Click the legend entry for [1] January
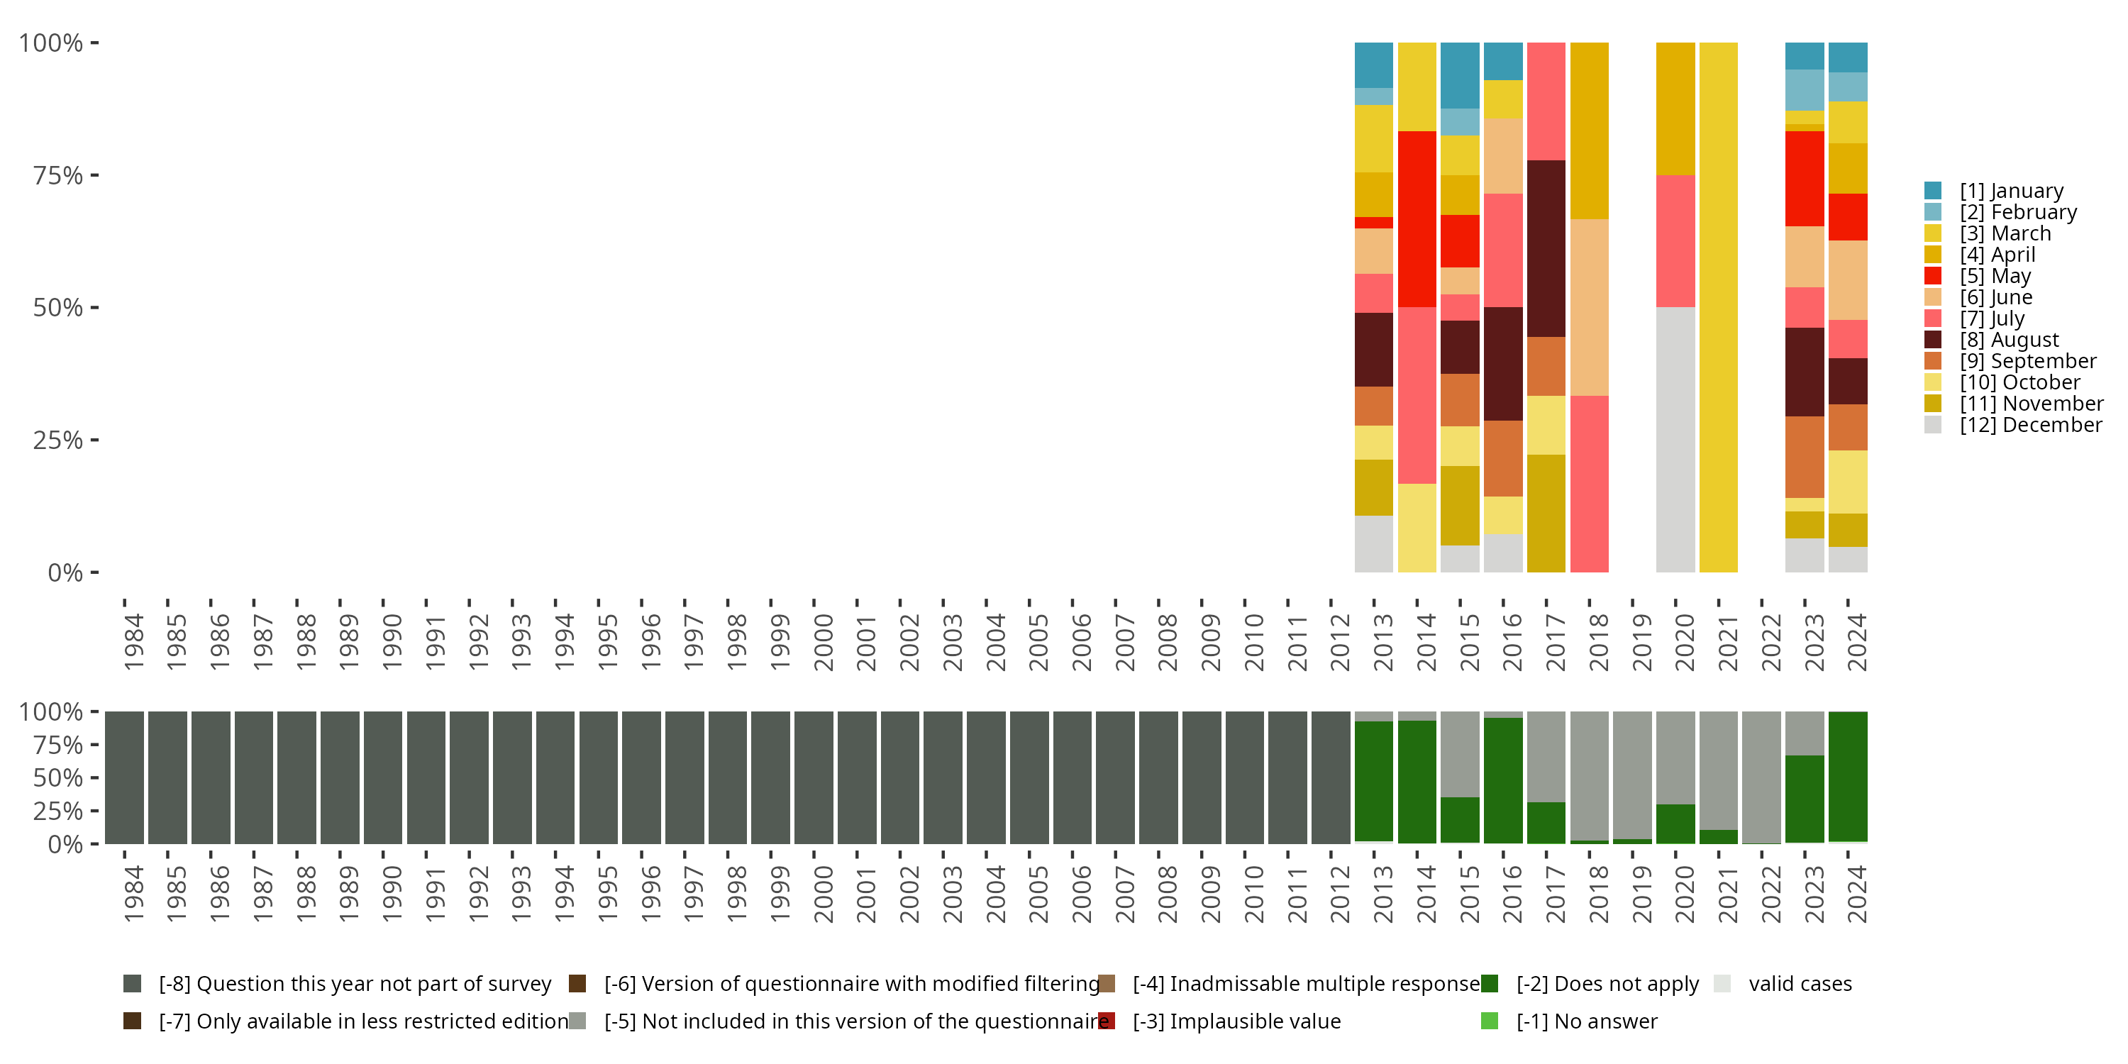[2011, 191]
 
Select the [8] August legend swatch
[1933, 340]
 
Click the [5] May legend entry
[1994, 276]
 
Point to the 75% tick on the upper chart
[58, 175]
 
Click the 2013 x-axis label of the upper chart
[1382, 642]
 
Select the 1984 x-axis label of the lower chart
[133, 894]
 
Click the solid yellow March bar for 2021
[1718, 307]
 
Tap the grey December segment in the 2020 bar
[1675, 440]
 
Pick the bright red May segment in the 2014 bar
[1417, 219]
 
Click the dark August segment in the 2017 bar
[1546, 248]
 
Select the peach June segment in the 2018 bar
[1589, 307]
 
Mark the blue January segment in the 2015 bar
[1460, 75]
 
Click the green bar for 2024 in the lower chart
[1847, 777]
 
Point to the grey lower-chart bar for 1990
[383, 777]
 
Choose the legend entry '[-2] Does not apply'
[1607, 984]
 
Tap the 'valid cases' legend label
[1799, 984]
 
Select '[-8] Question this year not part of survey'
[353, 984]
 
